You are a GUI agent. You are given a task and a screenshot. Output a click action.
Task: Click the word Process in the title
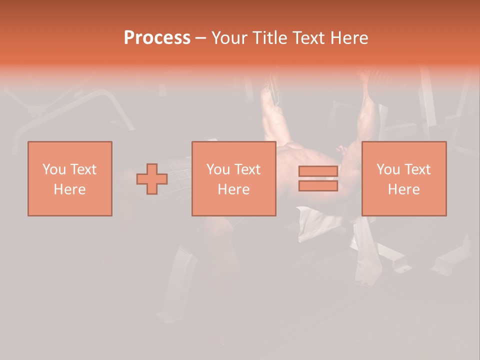[157, 37]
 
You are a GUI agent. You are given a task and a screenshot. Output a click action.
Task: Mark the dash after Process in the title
[200, 38]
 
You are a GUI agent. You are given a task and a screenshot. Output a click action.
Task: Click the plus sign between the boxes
[152, 179]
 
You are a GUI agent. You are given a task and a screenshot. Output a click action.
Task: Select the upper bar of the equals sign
[318, 171]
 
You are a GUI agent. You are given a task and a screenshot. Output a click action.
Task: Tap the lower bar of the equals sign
[318, 186]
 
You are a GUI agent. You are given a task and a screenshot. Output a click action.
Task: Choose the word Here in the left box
[69, 189]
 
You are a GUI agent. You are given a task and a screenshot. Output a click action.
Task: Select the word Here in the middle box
[234, 189]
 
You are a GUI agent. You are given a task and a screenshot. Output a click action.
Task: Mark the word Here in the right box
[404, 189]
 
